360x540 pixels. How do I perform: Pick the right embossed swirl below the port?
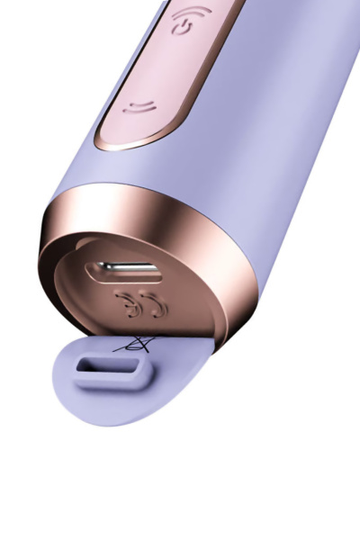coord(157,307)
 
